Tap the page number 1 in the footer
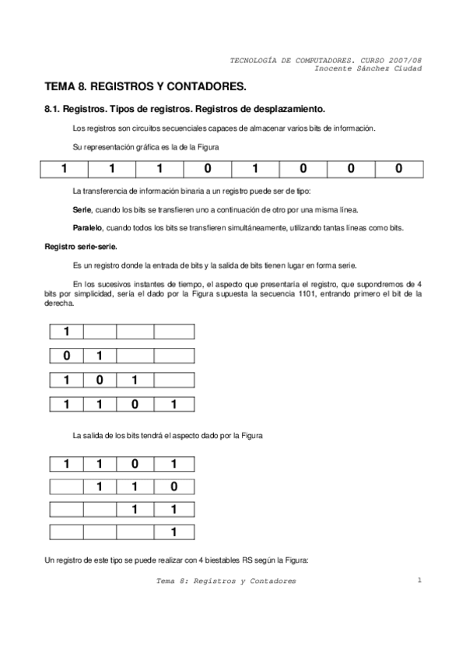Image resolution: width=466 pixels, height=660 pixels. pyautogui.click(x=419, y=580)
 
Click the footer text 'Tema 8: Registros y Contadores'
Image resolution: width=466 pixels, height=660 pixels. pyautogui.click(x=226, y=581)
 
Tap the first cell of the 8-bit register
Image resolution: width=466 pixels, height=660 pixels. pyautogui.click(x=65, y=168)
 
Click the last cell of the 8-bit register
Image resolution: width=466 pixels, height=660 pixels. pyautogui.click(x=399, y=168)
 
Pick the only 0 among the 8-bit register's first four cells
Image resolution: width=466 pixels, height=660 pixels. pyautogui.click(x=208, y=168)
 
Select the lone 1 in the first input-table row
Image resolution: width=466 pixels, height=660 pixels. pyautogui.click(x=67, y=332)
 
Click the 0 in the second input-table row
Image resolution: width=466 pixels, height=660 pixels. pyautogui.click(x=67, y=356)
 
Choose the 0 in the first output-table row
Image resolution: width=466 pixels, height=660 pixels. pyautogui.click(x=135, y=465)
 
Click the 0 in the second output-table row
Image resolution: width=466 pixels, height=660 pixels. pyautogui.click(x=172, y=488)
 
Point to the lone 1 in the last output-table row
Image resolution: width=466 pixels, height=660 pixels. pyautogui.click(x=172, y=533)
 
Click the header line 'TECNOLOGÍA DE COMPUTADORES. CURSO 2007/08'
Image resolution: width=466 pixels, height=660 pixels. pyautogui.click(x=328, y=60)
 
